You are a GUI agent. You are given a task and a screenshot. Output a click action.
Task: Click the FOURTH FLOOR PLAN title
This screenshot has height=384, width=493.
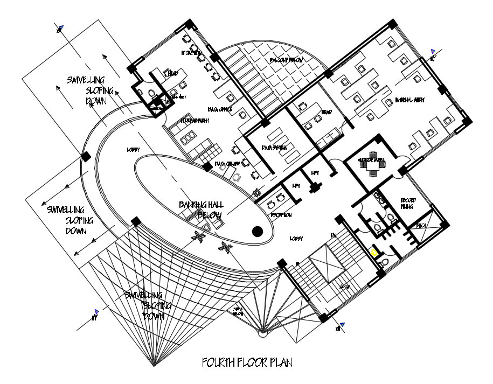tap(247, 362)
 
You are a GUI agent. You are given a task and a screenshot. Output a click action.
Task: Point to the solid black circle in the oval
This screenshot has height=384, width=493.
tap(258, 232)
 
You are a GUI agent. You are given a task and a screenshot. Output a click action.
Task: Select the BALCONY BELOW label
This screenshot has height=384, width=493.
tap(286, 60)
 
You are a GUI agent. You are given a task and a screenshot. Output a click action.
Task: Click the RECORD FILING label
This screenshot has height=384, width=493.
tap(408, 203)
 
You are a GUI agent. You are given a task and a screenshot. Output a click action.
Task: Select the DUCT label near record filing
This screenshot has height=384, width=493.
tap(421, 226)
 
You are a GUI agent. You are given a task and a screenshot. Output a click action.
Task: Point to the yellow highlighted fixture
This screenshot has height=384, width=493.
tap(374, 252)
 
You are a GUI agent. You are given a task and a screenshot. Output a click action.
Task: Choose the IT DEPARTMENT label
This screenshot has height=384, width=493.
tap(195, 121)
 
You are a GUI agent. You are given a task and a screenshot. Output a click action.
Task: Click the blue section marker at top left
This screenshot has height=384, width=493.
tap(61, 28)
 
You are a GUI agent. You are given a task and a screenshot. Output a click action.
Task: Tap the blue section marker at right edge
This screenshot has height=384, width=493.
tap(432, 52)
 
